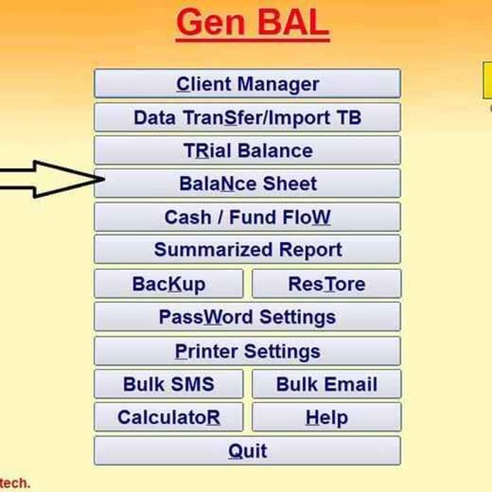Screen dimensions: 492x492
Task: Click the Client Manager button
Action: [x=247, y=84]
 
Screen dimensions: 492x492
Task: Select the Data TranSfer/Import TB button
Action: [x=247, y=118]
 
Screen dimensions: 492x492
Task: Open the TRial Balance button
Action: [x=247, y=151]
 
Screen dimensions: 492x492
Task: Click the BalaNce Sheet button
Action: [x=247, y=184]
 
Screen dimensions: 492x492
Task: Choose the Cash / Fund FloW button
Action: [x=247, y=217]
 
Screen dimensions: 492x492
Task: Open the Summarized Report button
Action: [x=247, y=250]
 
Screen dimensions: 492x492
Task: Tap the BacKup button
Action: [x=169, y=284]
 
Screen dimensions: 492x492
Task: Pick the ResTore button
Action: [x=326, y=284]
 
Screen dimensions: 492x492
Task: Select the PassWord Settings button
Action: [x=247, y=318]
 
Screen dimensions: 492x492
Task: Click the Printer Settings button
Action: [x=247, y=351]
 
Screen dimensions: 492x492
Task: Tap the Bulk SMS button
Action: [x=169, y=384]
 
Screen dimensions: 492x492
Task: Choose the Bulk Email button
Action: [x=326, y=384]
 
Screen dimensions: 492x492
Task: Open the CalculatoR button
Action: [x=169, y=417]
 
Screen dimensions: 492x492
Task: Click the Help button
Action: [x=326, y=417]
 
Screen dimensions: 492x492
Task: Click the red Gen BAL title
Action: [x=252, y=24]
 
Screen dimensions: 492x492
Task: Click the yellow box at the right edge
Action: [x=487, y=81]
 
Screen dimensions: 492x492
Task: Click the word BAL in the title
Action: [x=292, y=24]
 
